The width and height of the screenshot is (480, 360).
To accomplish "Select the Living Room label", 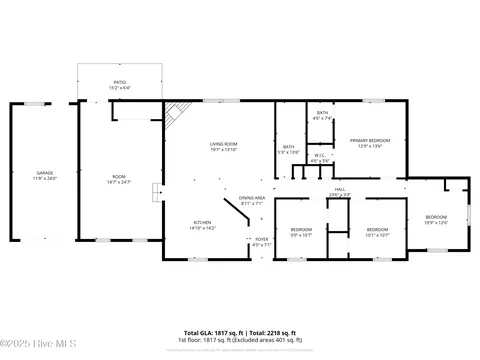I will [x=222, y=144].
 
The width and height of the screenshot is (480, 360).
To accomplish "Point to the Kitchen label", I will [x=202, y=222].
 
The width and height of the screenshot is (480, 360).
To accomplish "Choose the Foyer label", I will [x=262, y=239].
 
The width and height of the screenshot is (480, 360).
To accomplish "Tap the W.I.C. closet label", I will [x=319, y=157].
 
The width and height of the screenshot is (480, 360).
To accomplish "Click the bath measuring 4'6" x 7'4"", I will [x=323, y=114].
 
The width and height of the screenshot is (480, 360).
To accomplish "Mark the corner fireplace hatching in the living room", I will [x=173, y=117].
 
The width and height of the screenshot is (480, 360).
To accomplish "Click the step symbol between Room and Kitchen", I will [x=154, y=192].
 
